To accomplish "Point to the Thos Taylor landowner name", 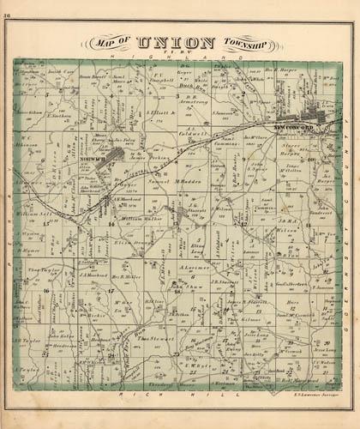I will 42,269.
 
